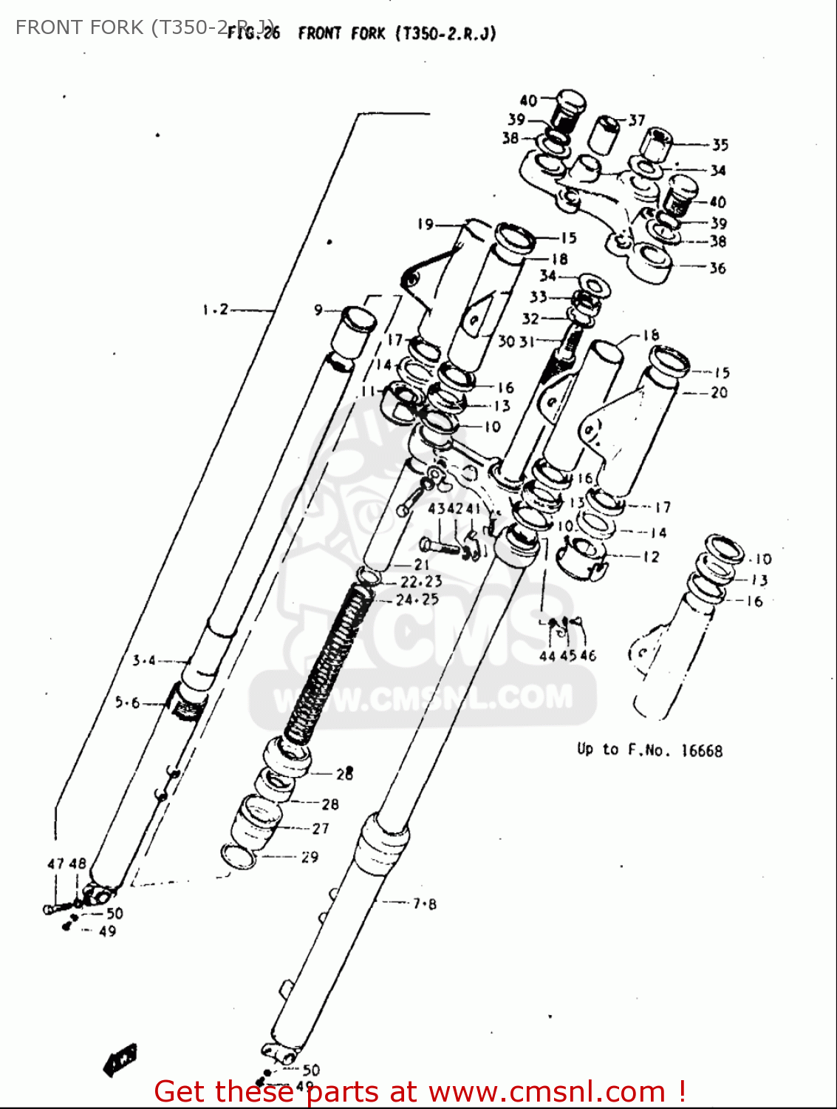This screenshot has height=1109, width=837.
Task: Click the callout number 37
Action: pyautogui.click(x=637, y=120)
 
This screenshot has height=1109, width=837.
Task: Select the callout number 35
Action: pyautogui.click(x=720, y=145)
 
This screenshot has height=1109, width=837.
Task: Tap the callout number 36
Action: pyautogui.click(x=717, y=268)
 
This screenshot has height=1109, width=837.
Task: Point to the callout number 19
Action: pyautogui.click(x=426, y=223)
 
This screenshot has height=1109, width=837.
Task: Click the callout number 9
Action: pyautogui.click(x=318, y=310)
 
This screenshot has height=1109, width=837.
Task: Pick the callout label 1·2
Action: pyautogui.click(x=216, y=310)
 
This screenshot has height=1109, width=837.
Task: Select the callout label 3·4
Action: pyautogui.click(x=144, y=660)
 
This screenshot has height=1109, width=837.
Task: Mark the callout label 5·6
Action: pyautogui.click(x=127, y=702)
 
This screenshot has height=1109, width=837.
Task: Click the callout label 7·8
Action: pyautogui.click(x=424, y=903)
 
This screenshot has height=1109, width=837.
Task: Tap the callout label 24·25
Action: pyautogui.click(x=417, y=600)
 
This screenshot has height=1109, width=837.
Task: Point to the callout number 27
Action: pyautogui.click(x=321, y=829)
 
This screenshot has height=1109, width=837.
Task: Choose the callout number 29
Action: pyautogui.click(x=310, y=857)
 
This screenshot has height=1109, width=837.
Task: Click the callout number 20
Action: pyautogui.click(x=719, y=393)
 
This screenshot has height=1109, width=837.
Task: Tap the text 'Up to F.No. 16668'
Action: pyautogui.click(x=649, y=750)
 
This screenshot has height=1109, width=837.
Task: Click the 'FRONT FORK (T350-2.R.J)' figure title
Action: pyautogui.click(x=397, y=33)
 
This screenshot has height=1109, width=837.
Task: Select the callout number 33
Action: pyautogui.click(x=538, y=296)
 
